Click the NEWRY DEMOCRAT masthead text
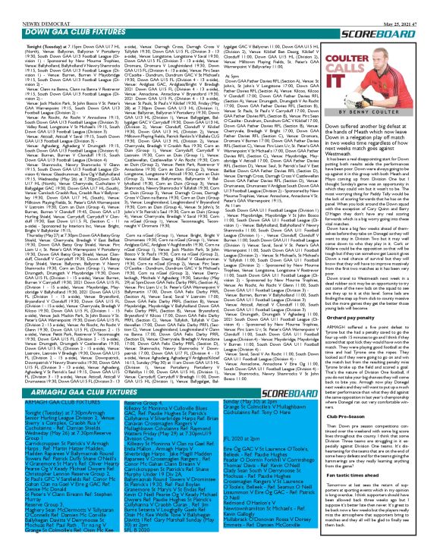27,3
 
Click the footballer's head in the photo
406,42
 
